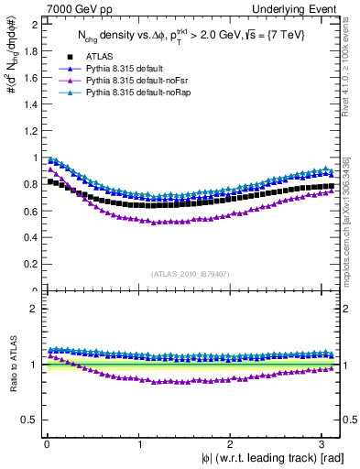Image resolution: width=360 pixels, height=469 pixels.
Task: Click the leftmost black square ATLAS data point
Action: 49,181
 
